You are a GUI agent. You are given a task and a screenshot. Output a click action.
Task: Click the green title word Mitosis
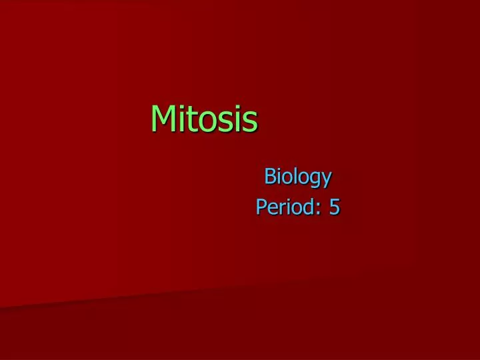click(x=204, y=119)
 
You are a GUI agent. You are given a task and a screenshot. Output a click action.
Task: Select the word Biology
click(x=297, y=177)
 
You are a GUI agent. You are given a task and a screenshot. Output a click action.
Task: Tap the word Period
click(x=286, y=207)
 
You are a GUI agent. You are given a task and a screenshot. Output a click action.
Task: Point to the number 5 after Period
click(x=334, y=207)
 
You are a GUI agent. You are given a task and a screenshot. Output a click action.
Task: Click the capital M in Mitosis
click(x=163, y=119)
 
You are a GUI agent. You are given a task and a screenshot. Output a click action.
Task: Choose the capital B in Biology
click(x=270, y=177)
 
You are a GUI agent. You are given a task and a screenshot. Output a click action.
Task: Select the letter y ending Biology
click(x=326, y=179)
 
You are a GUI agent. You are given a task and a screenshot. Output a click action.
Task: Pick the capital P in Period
click(x=261, y=207)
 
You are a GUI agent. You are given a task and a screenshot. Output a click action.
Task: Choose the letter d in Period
click(x=309, y=207)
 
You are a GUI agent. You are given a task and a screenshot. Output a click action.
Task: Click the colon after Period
click(x=317, y=209)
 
